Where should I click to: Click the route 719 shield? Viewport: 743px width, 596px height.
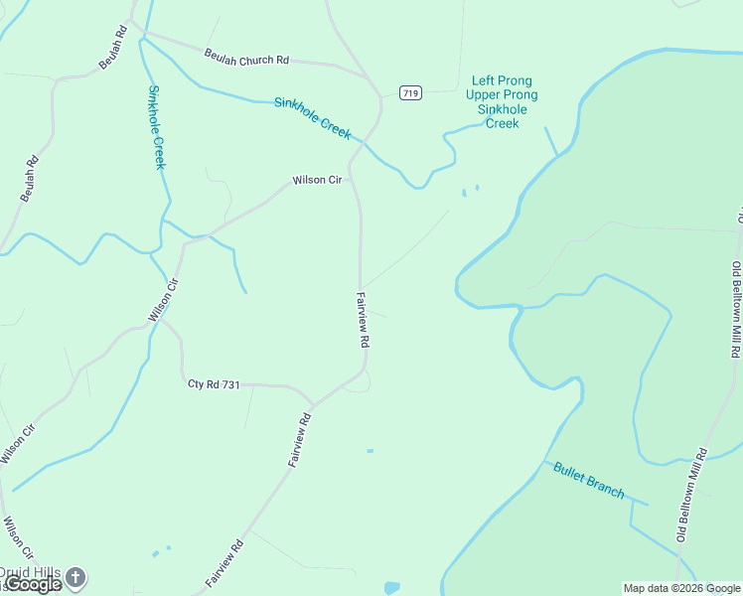[411, 93]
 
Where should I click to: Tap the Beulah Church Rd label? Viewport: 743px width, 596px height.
[246, 57]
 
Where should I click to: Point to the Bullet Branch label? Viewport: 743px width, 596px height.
[588, 480]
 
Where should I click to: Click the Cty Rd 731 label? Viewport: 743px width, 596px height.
[215, 383]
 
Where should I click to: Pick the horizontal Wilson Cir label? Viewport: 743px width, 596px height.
[317, 181]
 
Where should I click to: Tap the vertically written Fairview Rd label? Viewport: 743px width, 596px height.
[364, 319]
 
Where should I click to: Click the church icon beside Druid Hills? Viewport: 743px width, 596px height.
[75, 576]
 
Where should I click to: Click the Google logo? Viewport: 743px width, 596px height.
[33, 584]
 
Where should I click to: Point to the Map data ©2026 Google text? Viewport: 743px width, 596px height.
[681, 588]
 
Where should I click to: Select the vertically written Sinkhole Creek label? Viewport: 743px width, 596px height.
[156, 127]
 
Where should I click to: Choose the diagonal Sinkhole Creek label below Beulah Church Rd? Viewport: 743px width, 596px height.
[313, 117]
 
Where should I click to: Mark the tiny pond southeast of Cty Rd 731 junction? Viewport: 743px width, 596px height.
[370, 451]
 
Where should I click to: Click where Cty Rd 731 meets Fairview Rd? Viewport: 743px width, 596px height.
[314, 405]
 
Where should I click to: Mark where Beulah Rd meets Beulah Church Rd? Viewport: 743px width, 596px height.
[133, 24]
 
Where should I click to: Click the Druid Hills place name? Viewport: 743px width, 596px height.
[30, 573]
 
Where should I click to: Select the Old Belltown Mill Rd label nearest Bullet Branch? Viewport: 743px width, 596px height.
[690, 495]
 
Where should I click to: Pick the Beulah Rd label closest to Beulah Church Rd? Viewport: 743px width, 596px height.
[113, 47]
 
